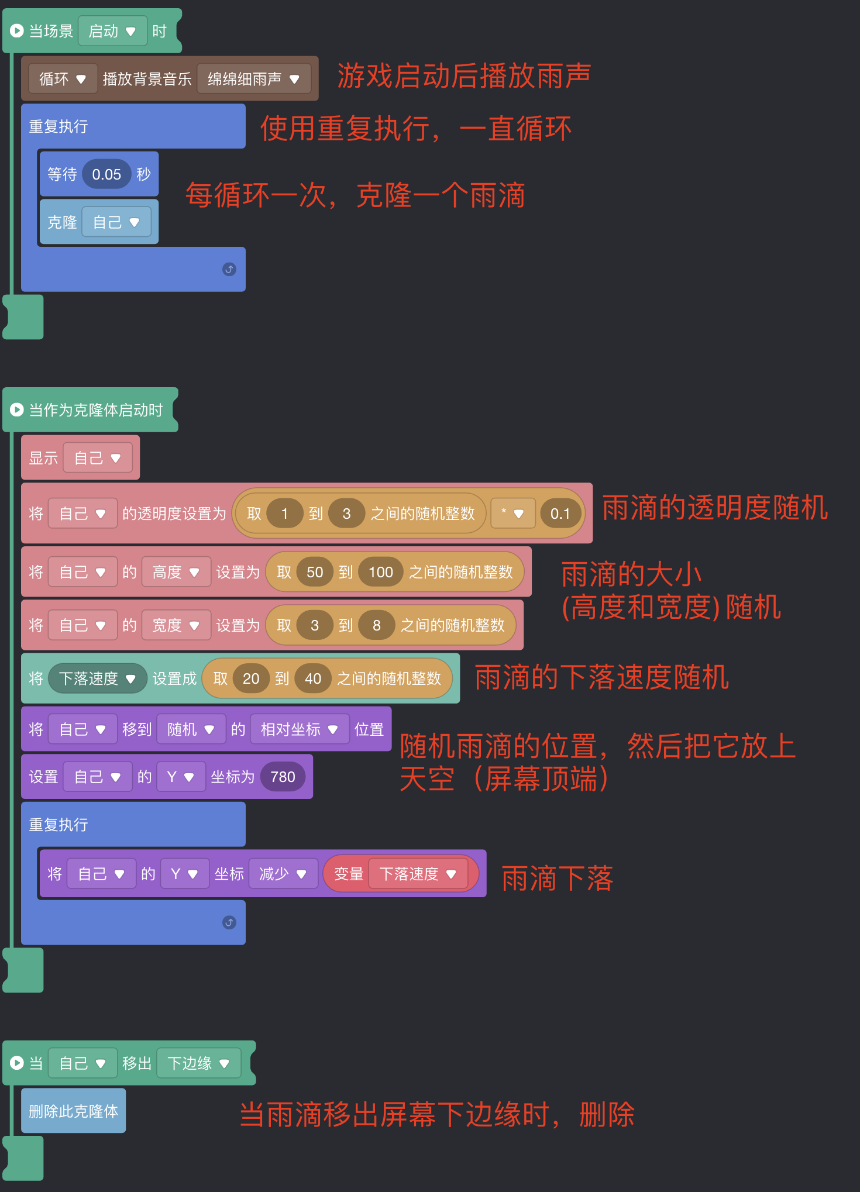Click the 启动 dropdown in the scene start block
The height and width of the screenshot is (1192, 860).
coord(112,31)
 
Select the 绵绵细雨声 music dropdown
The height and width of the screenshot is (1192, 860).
coord(253,79)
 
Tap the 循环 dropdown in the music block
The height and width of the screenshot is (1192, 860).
coord(62,79)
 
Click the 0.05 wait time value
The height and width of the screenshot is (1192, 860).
coord(106,174)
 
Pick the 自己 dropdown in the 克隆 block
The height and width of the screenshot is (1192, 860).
coord(116,222)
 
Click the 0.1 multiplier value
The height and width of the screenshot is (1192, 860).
coord(560,514)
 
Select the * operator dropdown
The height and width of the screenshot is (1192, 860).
coord(512,514)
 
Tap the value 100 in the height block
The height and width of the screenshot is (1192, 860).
coord(380,572)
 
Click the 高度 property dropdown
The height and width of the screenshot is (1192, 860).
coord(176,572)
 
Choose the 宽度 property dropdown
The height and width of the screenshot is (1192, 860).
coord(176,625)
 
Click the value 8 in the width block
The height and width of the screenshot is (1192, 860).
coord(376,625)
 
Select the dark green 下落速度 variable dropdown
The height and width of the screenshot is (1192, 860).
coord(97,678)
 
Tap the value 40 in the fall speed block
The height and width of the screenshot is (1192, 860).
coord(312,678)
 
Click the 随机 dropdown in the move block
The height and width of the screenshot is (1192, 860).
coord(191,729)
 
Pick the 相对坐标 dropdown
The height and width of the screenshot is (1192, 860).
coord(299,729)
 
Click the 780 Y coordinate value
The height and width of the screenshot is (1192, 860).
coord(283,777)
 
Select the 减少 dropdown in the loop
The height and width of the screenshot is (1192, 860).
coord(283,874)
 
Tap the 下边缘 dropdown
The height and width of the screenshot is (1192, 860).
coord(198,1063)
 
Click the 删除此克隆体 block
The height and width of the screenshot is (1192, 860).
coord(73,1111)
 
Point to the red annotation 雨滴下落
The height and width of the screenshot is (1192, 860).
coord(557,879)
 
